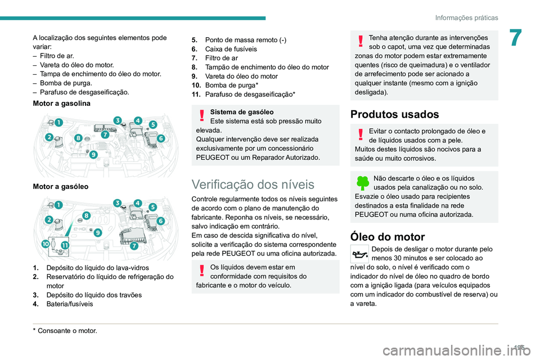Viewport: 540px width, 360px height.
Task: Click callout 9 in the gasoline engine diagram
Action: click(x=93, y=154)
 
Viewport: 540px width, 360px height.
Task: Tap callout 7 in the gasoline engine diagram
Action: click(x=105, y=135)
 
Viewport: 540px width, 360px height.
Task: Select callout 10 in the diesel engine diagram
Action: click(x=44, y=244)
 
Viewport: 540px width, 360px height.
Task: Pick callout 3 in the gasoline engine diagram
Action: click(x=118, y=120)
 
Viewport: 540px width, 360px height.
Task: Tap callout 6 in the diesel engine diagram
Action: click(x=161, y=221)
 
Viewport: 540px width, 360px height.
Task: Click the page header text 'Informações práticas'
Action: click(x=466, y=17)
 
